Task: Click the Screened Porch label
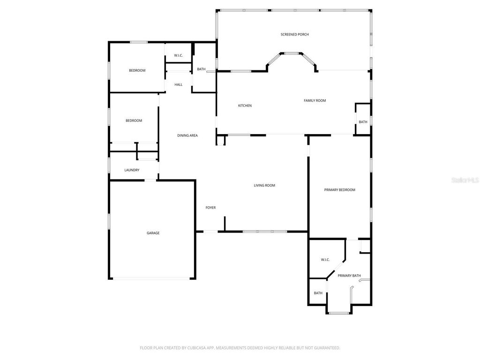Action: point(294,34)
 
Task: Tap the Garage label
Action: point(153,233)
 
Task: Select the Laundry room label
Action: point(132,170)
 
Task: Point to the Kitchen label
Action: point(245,105)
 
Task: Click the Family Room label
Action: point(315,100)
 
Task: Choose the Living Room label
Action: point(264,186)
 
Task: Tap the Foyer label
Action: point(210,208)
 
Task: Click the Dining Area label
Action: point(187,135)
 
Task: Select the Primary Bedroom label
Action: point(339,190)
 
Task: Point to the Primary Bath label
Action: point(349,276)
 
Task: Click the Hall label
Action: point(178,85)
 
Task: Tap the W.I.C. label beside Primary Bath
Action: point(325,260)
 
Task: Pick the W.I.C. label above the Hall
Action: point(178,56)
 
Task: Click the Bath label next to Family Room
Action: point(363,122)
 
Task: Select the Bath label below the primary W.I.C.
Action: point(318,293)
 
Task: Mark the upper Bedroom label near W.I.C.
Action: point(137,70)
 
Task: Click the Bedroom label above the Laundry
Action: point(134,120)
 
